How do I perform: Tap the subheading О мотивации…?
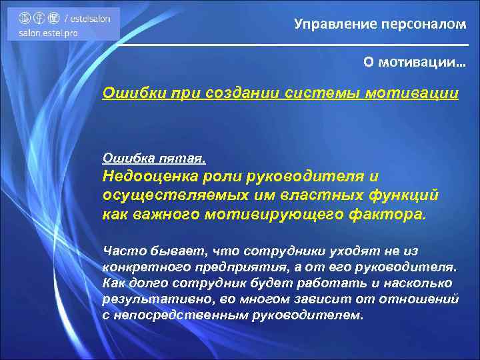click(415, 62)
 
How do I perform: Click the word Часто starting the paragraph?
click(122, 251)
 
